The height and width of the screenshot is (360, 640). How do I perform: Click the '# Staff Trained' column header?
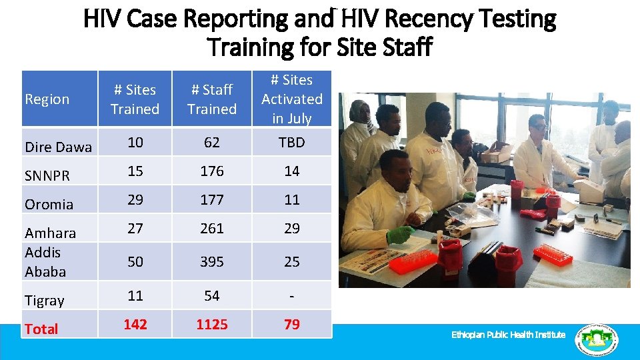pyautogui.click(x=212, y=99)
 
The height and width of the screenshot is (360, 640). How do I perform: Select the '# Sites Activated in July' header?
pyautogui.click(x=291, y=99)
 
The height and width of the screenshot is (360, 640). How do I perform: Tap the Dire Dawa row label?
pyautogui.click(x=58, y=147)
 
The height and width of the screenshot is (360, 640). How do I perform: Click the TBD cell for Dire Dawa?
pyautogui.click(x=291, y=142)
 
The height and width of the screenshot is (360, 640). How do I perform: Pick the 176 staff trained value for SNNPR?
pyautogui.click(x=212, y=171)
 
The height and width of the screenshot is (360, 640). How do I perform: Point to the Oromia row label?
pyautogui.click(x=49, y=204)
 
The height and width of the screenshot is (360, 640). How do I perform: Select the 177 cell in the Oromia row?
pyautogui.click(x=212, y=199)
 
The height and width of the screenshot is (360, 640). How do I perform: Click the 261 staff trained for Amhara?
pyautogui.click(x=212, y=228)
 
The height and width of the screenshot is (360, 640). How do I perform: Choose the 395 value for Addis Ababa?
pyautogui.click(x=212, y=262)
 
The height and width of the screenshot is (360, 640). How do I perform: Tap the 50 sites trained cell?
pyautogui.click(x=135, y=262)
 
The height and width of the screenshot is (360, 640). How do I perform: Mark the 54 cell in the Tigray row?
pyautogui.click(x=212, y=295)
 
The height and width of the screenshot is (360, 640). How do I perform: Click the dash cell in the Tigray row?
pyautogui.click(x=291, y=295)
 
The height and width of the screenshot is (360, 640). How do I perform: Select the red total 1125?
pyautogui.click(x=212, y=325)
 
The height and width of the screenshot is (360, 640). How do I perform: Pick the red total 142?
pyautogui.click(x=135, y=325)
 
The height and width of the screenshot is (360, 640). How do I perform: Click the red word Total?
pyautogui.click(x=41, y=329)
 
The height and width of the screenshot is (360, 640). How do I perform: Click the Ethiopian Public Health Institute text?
pyautogui.click(x=508, y=335)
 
